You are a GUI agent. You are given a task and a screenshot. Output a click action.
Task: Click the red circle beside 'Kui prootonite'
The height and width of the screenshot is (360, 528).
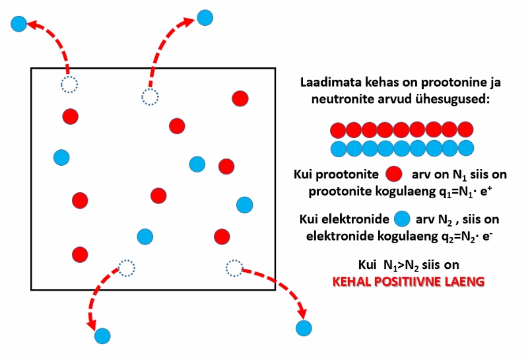(393, 174)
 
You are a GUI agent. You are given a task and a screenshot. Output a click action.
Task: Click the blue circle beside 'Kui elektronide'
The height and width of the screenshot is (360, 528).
(402, 219)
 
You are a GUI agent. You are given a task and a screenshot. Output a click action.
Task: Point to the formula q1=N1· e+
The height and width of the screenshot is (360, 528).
(465, 191)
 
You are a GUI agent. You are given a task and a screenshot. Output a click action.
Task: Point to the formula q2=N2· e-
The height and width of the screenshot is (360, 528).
(467, 236)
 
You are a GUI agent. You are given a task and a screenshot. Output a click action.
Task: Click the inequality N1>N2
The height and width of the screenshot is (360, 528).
(401, 266)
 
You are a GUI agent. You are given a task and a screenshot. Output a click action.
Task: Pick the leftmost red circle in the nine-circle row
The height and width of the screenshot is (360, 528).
(338, 129)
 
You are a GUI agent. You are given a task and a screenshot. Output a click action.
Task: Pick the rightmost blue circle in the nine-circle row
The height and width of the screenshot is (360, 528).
(466, 149)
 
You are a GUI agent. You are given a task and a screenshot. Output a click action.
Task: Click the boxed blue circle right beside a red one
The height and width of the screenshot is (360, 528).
(197, 164)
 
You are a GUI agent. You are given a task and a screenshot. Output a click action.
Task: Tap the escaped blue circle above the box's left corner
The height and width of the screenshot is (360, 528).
(19, 24)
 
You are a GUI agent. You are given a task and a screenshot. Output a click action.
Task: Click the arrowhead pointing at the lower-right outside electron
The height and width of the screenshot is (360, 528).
(302, 312)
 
